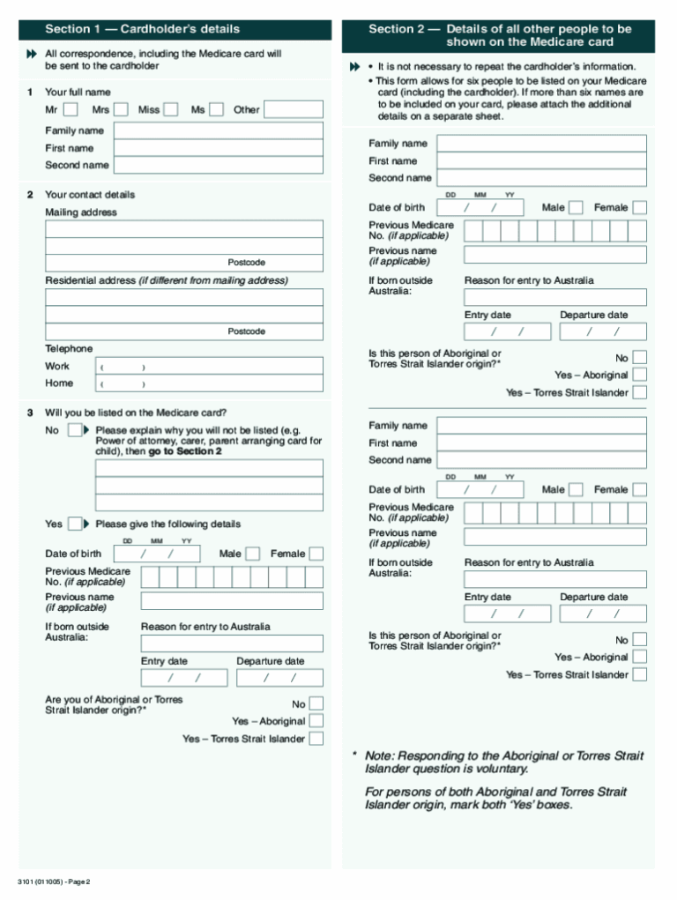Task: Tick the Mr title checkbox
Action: point(71,109)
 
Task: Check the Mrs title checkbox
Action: point(121,109)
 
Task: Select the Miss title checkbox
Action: point(171,109)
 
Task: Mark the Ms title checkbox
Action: point(217,109)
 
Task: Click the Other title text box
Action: point(293,109)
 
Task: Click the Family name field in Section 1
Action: point(218,130)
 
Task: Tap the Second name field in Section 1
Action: point(218,165)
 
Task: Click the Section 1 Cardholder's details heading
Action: point(142,29)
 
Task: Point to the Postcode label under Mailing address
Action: point(246,263)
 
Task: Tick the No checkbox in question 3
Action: point(74,430)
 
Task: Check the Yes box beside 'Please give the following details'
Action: point(74,524)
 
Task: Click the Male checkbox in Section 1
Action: point(252,554)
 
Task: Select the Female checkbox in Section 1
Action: point(316,554)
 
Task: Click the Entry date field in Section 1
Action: point(184,678)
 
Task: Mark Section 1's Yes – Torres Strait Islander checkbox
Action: point(316,739)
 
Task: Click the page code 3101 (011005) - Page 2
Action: point(53,881)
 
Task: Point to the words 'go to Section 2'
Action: point(185,451)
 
